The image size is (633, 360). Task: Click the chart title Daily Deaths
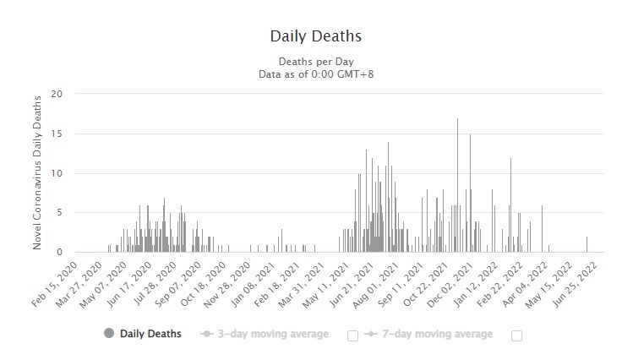(315, 36)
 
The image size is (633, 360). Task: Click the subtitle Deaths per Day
(315, 62)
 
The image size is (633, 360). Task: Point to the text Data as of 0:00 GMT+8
(315, 74)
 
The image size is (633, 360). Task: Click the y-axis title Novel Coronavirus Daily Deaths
(38, 172)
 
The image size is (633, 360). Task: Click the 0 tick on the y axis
(59, 252)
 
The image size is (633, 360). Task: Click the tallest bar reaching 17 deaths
(457, 186)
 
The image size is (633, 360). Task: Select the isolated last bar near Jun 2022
(587, 245)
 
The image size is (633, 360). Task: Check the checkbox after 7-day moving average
(516, 335)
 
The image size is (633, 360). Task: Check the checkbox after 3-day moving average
(352, 335)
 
